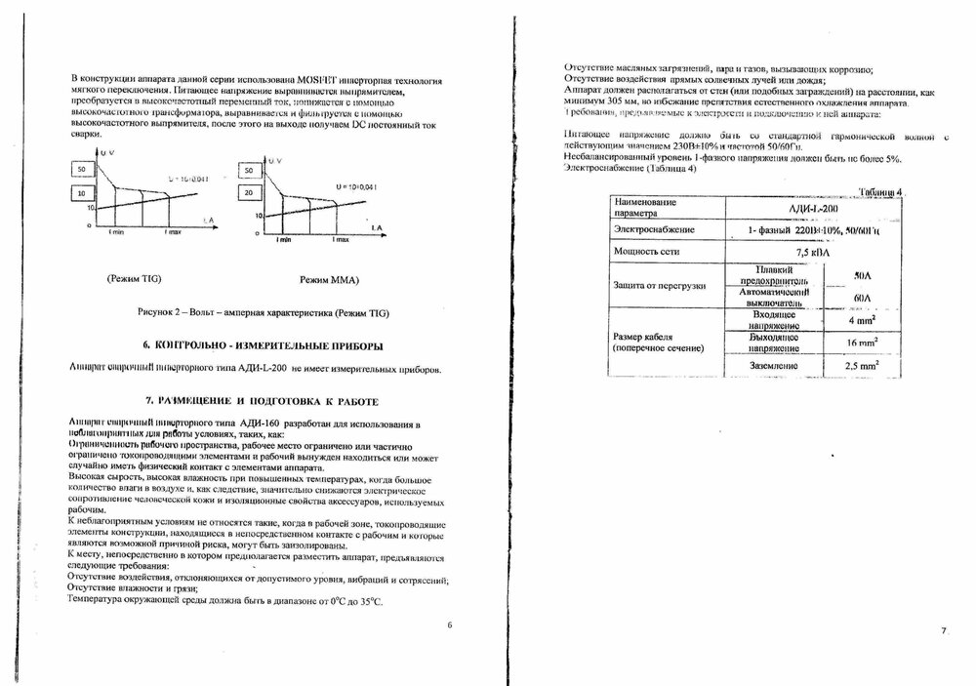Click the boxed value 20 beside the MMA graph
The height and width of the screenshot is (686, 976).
click(250, 193)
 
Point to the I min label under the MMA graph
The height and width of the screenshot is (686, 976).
click(283, 239)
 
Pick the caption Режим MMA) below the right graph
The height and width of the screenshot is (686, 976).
click(331, 280)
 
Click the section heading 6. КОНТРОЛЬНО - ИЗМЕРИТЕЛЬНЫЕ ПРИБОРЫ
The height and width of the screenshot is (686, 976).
click(263, 345)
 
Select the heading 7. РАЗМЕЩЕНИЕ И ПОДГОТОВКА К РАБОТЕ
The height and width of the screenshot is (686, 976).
click(262, 401)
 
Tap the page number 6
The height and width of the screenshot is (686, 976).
click(450, 625)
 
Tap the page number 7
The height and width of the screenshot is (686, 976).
click(944, 631)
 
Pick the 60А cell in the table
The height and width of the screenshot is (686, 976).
click(862, 297)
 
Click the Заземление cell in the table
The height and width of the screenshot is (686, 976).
click(777, 366)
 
